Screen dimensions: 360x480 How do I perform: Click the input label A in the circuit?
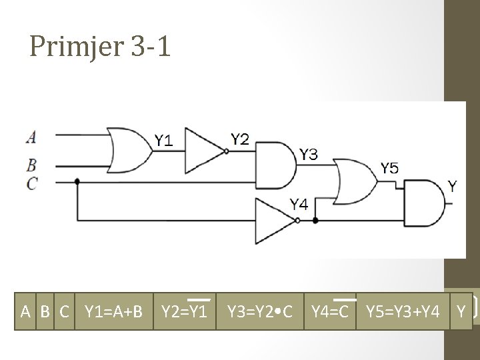click(x=31, y=137)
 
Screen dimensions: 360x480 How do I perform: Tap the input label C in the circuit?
click(x=31, y=182)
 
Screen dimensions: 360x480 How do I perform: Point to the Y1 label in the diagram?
click(x=163, y=141)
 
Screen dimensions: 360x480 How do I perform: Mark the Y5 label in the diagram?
click(x=389, y=168)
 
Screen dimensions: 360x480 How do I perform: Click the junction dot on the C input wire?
click(x=78, y=181)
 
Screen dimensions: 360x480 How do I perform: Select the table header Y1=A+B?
click(x=109, y=311)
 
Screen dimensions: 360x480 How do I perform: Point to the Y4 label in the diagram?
click(x=298, y=204)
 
